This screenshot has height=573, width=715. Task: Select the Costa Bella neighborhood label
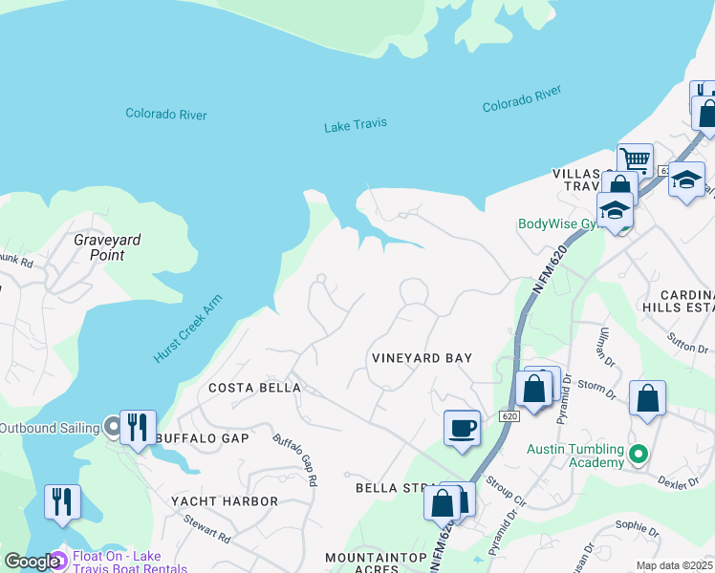click(x=254, y=388)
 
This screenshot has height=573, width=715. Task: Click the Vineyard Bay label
click(x=422, y=358)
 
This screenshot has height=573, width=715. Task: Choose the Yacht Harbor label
click(x=224, y=500)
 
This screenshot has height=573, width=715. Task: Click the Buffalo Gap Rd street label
click(x=294, y=460)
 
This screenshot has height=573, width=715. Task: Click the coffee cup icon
click(x=462, y=427)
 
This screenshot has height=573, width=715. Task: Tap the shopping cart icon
click(x=634, y=159)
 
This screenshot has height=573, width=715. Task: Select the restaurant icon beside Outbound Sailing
click(x=138, y=426)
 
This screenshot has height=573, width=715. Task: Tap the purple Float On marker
click(x=56, y=558)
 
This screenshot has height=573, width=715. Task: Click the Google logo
click(x=32, y=562)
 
